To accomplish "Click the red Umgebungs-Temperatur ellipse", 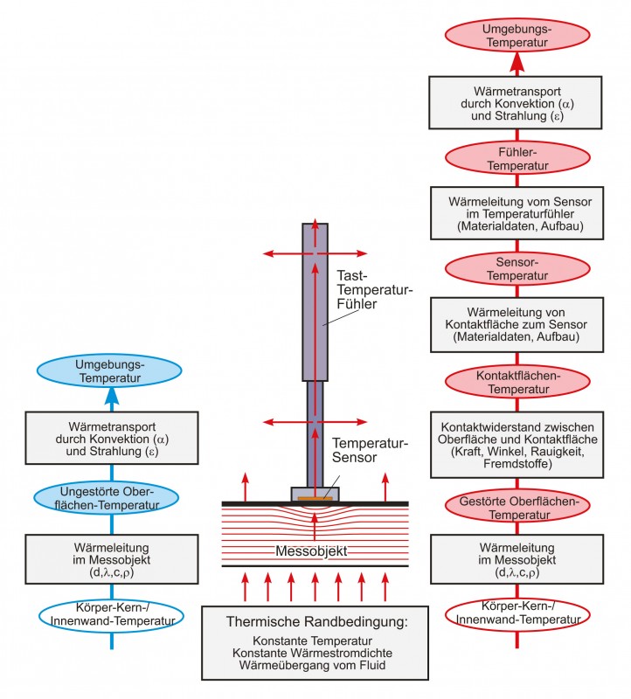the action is click(x=517, y=35).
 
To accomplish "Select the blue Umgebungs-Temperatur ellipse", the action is click(x=109, y=370).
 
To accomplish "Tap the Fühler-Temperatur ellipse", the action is click(x=517, y=158).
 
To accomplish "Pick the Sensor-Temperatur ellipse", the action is click(x=517, y=268).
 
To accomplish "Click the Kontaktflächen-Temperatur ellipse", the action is click(x=517, y=382).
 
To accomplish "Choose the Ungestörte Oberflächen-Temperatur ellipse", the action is click(x=107, y=498).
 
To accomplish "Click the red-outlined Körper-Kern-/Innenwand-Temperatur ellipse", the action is click(x=517, y=615).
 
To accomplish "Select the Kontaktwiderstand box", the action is click(x=517, y=445).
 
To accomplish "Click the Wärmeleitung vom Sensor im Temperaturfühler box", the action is click(x=517, y=213).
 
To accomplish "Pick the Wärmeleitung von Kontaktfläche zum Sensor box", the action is click(x=517, y=324).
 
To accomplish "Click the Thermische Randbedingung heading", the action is click(x=316, y=621).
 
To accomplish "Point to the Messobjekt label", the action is click(x=311, y=551).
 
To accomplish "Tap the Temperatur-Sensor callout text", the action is click(x=370, y=450).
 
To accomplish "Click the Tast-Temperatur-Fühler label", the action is click(x=375, y=290).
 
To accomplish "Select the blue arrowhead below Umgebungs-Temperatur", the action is click(x=112, y=396).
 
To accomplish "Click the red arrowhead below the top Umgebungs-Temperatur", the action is click(x=517, y=61).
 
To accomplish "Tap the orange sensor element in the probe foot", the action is click(x=315, y=498).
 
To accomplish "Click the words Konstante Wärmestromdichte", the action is click(x=312, y=653).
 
